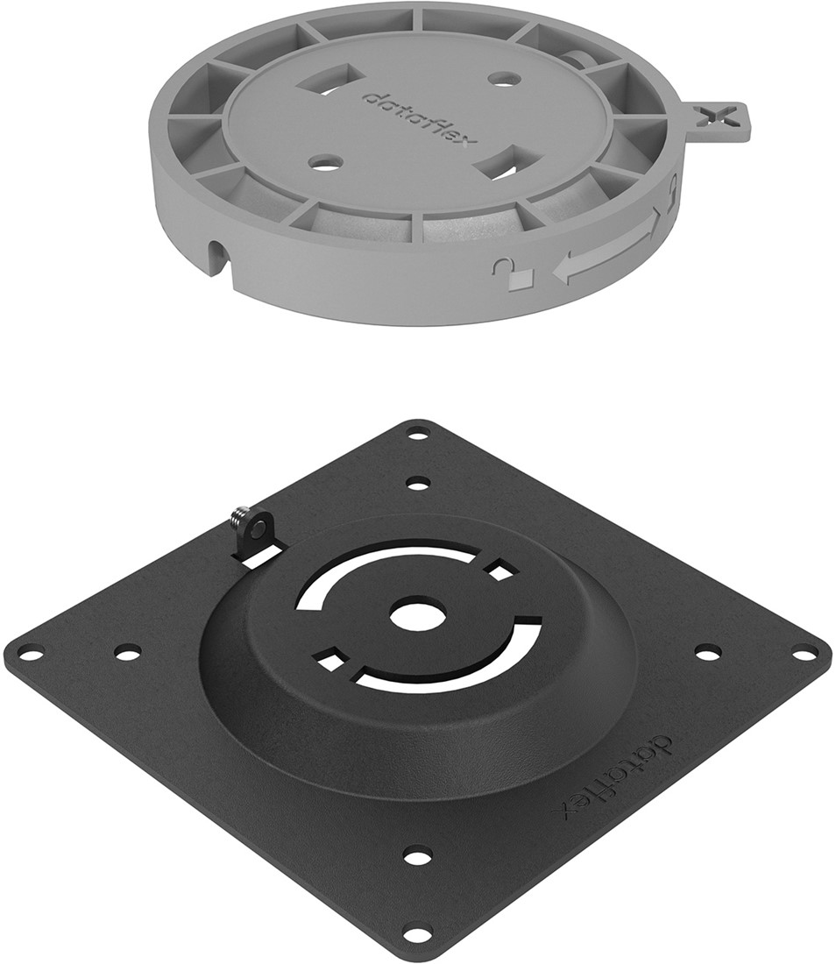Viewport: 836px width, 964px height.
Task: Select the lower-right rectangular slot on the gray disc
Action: (507, 164)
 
